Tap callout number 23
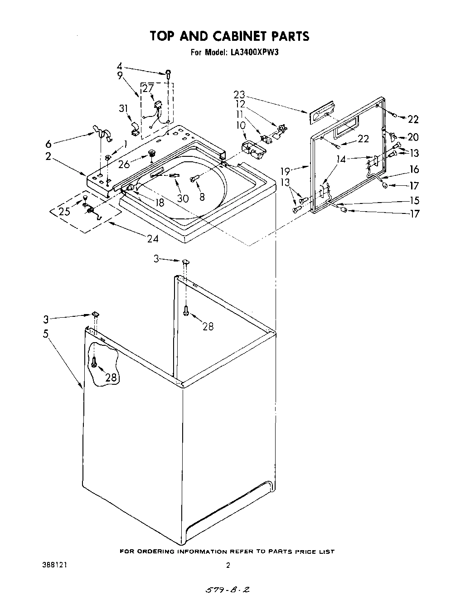point(239,95)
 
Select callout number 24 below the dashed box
point(153,239)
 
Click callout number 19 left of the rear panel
point(286,171)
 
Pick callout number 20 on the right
point(413,137)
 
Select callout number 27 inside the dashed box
point(148,89)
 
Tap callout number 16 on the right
point(414,169)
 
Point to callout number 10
point(241,125)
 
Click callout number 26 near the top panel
point(124,164)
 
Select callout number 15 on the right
point(413,200)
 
